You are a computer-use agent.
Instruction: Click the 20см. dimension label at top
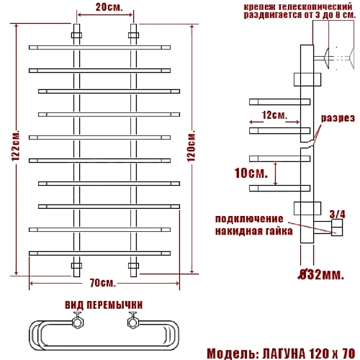click(x=109, y=7)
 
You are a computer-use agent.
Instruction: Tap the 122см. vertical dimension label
click(x=16, y=146)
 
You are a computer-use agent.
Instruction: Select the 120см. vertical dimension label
click(x=191, y=146)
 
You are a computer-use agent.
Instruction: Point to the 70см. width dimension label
click(x=103, y=283)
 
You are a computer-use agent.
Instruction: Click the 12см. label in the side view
click(x=274, y=115)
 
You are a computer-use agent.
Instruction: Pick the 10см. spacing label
click(x=251, y=173)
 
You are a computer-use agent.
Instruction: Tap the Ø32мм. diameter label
click(x=321, y=274)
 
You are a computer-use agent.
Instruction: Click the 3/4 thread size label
click(x=338, y=215)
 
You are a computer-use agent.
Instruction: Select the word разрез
click(x=338, y=118)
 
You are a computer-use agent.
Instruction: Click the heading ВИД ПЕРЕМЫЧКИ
click(x=104, y=305)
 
